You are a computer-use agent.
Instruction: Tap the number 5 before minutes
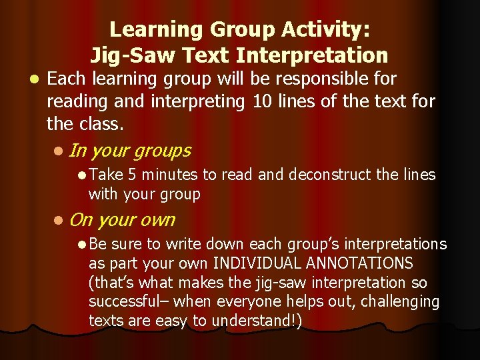pos(133,175)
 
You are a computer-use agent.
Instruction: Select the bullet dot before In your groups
pos(61,151)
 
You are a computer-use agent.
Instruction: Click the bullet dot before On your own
pos(61,220)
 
